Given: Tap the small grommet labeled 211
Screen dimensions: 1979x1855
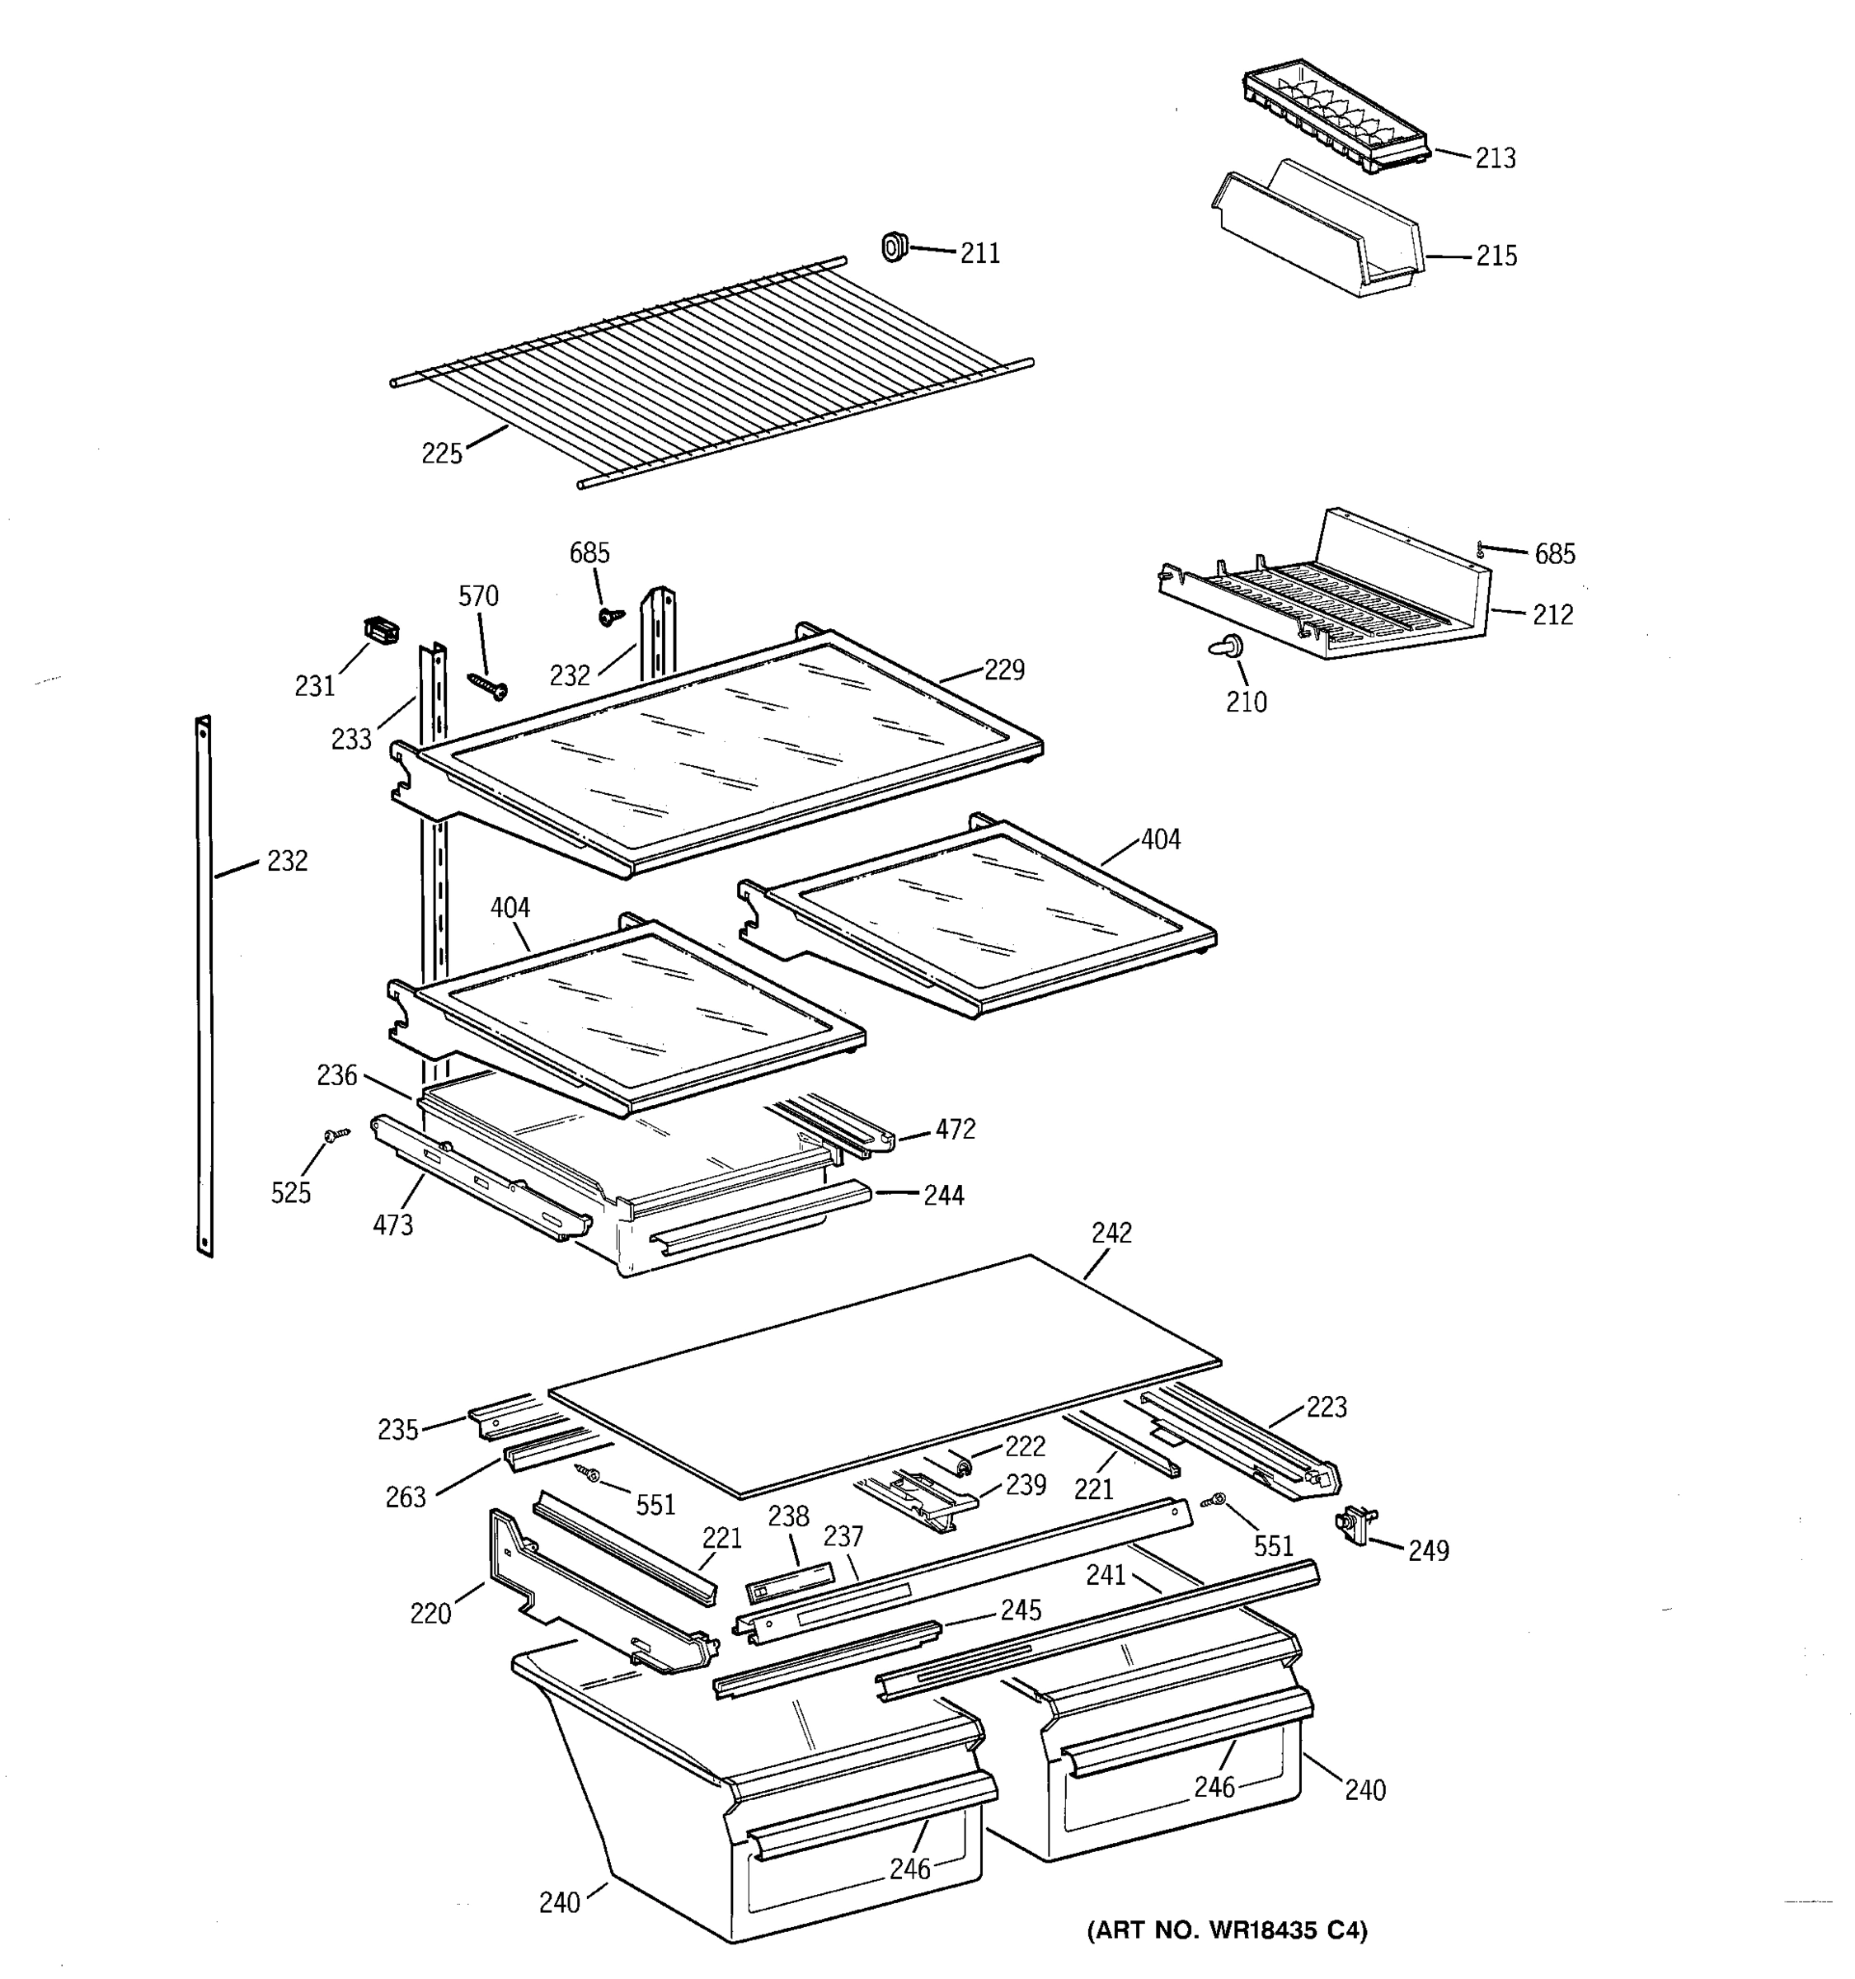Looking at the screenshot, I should pyautogui.click(x=895, y=246).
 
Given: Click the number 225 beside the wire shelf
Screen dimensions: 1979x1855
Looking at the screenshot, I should pyautogui.click(x=442, y=454).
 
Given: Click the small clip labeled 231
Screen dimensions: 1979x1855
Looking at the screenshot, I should pyautogui.click(x=380, y=630).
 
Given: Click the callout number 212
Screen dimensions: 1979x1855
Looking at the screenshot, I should pyautogui.click(x=1552, y=615).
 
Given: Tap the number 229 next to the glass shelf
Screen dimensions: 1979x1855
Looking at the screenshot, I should pyautogui.click(x=1003, y=670).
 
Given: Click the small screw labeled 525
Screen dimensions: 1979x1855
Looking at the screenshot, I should pyautogui.click(x=336, y=1134).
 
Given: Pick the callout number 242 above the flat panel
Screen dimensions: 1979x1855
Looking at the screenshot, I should pyautogui.click(x=1111, y=1234).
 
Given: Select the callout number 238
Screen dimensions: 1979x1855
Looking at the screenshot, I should pyautogui.click(x=788, y=1516).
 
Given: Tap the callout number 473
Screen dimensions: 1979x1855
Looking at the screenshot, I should pyautogui.click(x=393, y=1225).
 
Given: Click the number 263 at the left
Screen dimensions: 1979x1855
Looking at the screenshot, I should pyautogui.click(x=405, y=1497).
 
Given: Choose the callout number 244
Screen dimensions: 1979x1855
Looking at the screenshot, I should pyautogui.click(x=943, y=1196).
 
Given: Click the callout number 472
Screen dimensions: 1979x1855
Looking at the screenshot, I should pyautogui.click(x=955, y=1129).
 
